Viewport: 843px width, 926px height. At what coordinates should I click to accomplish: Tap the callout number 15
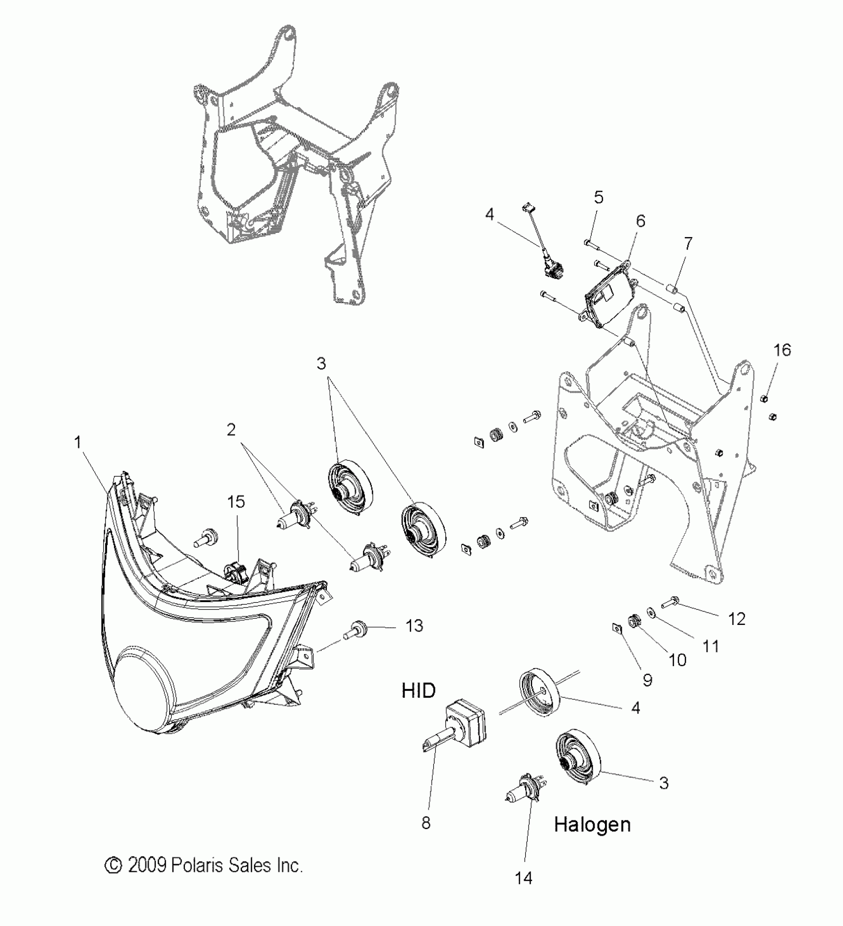236,502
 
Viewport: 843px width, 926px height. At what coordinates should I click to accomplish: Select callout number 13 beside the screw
414,626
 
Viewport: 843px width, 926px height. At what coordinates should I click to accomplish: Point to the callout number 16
782,350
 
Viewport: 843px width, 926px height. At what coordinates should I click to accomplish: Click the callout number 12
737,619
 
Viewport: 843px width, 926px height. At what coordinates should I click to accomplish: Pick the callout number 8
425,823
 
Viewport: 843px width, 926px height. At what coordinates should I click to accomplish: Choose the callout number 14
524,878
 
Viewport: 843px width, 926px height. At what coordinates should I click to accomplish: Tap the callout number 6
640,221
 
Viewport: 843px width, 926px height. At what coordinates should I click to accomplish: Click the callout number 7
688,244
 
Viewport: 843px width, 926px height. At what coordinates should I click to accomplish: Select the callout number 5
599,197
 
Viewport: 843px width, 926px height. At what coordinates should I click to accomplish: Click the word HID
419,690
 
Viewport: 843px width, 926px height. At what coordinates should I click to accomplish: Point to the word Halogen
592,825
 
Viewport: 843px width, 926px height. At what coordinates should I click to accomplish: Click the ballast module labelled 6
609,297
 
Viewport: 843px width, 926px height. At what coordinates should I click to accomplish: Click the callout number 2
231,430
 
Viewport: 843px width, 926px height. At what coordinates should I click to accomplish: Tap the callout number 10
677,660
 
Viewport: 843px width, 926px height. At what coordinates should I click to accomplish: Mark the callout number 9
647,680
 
